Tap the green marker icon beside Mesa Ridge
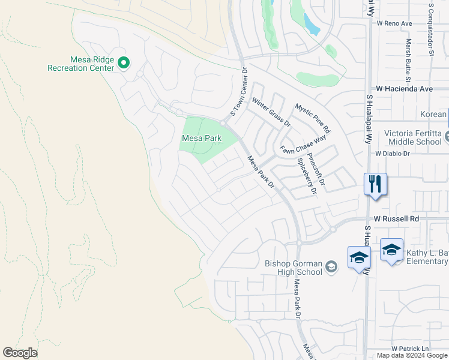click(x=124, y=62)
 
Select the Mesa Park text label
click(x=201, y=138)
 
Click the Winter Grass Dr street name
click(x=271, y=113)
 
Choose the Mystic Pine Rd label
click(x=312, y=118)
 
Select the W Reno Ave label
click(x=394, y=23)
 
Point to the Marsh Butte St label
click(x=408, y=60)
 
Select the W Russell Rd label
click(x=396, y=219)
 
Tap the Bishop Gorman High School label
click(x=294, y=268)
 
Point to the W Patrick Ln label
click(x=411, y=349)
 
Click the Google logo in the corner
click(x=20, y=353)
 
